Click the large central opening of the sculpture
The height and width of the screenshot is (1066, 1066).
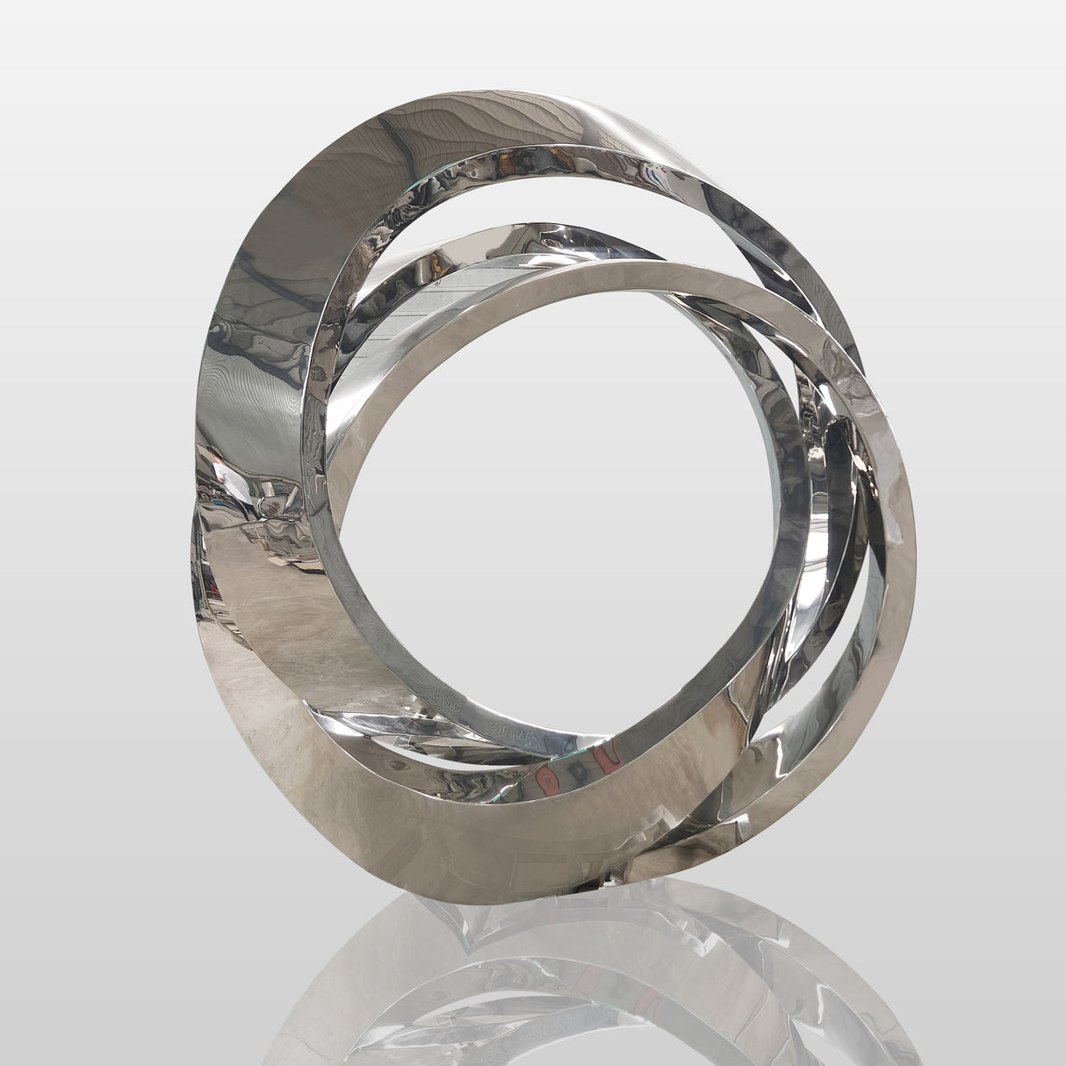point(571,492)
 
